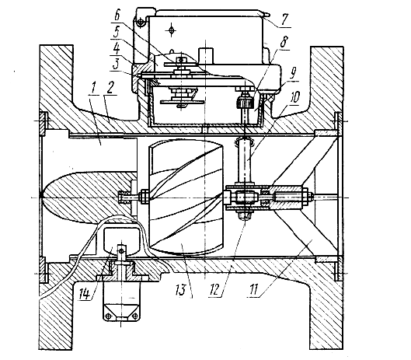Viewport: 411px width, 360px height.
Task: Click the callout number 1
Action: point(92,89)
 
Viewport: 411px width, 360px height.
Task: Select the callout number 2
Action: point(110,88)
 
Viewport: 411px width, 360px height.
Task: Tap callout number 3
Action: point(116,65)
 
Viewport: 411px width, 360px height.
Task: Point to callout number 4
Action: point(117,49)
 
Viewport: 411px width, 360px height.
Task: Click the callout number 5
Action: point(117,33)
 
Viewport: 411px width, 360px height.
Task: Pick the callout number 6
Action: point(117,16)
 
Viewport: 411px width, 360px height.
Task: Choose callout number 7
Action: point(284,19)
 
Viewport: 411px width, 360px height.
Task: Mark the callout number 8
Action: point(284,42)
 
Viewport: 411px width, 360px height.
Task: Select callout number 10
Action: point(294,97)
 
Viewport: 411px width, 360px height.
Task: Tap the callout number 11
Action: point(253,290)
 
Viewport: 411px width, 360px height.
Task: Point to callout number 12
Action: point(214,290)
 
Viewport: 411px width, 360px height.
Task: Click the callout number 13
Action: point(181,290)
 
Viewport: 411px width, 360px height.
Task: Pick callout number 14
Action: point(85,294)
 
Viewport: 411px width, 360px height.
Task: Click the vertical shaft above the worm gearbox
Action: point(245,162)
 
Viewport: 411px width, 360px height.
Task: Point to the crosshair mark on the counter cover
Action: point(172,30)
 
